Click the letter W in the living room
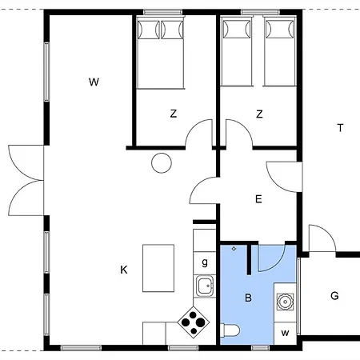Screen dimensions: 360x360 (94, 82)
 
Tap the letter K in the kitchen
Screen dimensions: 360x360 (124, 270)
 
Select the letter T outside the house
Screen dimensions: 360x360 (340, 128)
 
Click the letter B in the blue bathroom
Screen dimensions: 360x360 (248, 298)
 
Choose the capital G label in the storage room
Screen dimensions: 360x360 (334, 296)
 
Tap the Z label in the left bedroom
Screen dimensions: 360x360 (173, 114)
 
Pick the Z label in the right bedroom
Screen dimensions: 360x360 (259, 114)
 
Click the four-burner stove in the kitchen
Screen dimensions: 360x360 (193, 322)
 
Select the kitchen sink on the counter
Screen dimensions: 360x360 (205, 285)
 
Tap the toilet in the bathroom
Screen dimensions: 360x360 (230, 331)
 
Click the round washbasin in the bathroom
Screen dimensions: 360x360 (285, 302)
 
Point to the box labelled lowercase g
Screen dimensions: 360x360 (205, 262)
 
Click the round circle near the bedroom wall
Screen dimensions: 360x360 (162, 163)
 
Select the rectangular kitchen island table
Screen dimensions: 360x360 (158, 269)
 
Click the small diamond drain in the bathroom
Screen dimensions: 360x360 (233, 249)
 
